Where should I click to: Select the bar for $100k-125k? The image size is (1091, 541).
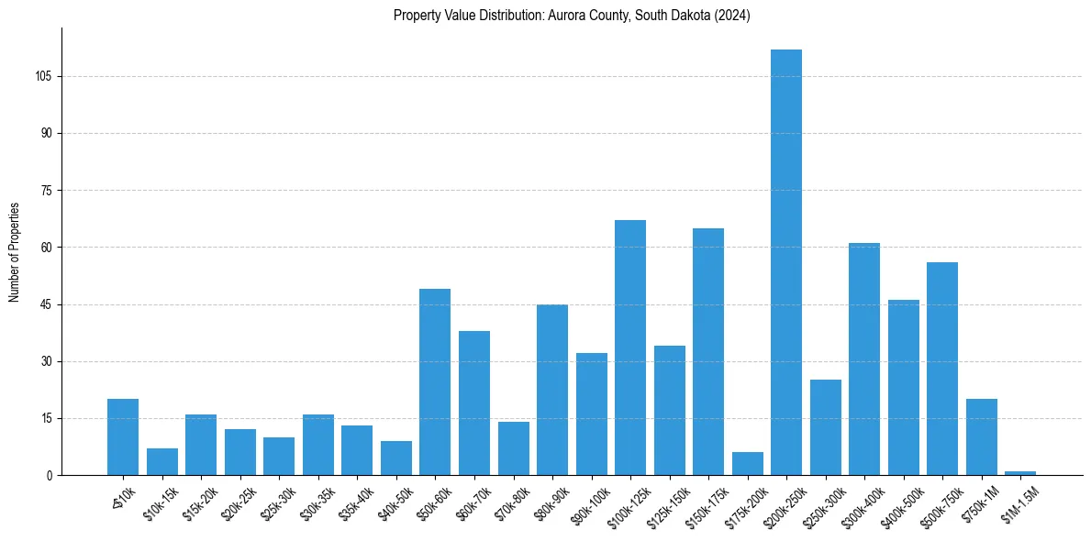[x=630, y=348]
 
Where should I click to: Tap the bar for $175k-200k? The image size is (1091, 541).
[x=748, y=464]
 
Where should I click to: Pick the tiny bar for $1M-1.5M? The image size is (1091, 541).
[x=1020, y=473]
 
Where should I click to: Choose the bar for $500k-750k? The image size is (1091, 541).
[x=942, y=369]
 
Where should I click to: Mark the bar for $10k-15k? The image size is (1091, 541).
[x=162, y=462]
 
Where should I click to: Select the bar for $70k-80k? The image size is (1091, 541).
[x=514, y=448]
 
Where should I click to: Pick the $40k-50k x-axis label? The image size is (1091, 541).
[x=395, y=502]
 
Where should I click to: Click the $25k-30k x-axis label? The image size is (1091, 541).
[x=277, y=502]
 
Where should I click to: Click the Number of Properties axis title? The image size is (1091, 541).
[x=14, y=252]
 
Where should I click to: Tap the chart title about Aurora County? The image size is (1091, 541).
[x=572, y=16]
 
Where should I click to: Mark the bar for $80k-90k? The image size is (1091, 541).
[x=552, y=390]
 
